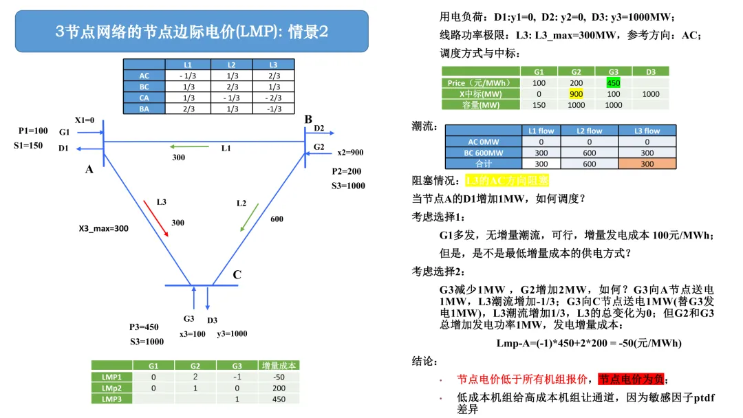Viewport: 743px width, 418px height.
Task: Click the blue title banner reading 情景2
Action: coord(191,31)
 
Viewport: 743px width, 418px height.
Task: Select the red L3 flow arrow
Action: coord(156,218)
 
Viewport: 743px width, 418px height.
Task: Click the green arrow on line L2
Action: coord(249,217)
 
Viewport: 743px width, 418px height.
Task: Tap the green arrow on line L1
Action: coord(189,146)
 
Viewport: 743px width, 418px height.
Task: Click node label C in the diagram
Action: coord(237,274)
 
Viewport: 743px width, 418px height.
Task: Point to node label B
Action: coord(308,120)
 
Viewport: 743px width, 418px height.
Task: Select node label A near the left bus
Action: coord(89,169)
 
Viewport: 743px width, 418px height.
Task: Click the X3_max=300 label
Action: coord(103,229)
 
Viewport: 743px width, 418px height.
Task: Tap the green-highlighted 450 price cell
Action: coord(613,82)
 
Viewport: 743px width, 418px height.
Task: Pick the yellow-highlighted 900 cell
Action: coord(577,94)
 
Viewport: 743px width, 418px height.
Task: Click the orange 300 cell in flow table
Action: coord(647,164)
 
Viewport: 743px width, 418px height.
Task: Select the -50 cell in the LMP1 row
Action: coord(279,377)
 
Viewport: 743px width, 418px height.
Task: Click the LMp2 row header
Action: coord(112,388)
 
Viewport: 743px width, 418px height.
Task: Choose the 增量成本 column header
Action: coord(279,366)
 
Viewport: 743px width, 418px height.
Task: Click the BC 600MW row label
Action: coord(484,153)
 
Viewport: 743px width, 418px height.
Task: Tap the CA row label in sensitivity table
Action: coord(144,98)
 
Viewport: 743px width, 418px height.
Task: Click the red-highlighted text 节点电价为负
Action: coord(632,379)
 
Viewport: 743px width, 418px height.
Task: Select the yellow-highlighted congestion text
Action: coord(507,180)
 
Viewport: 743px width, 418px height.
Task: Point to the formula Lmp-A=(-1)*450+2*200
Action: coord(589,343)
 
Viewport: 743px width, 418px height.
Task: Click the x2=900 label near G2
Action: coord(350,153)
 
